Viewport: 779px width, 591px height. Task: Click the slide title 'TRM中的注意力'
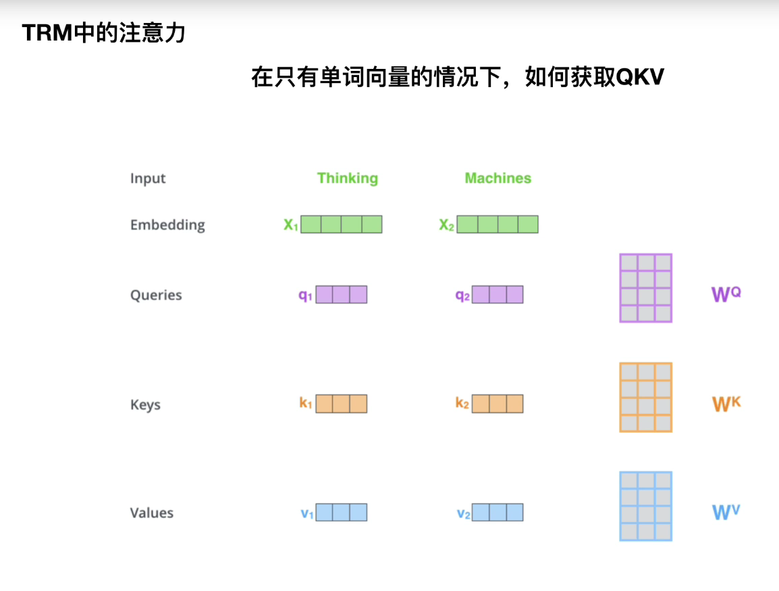point(103,33)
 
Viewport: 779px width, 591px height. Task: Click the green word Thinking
point(347,178)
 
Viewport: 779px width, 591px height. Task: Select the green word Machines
point(498,178)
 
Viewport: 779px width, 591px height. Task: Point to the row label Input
point(148,179)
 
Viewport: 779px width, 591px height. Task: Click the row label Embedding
point(167,225)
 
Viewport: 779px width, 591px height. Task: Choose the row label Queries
point(156,295)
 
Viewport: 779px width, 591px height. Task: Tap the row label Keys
point(145,405)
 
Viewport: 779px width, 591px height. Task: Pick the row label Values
point(152,513)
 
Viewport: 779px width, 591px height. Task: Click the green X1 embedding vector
point(341,224)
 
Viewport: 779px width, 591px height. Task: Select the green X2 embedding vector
point(498,224)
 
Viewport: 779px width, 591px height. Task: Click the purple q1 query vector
point(341,294)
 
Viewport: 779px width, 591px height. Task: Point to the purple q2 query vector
point(498,294)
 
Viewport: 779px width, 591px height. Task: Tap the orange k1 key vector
point(341,404)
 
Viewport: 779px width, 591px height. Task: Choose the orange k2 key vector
point(498,404)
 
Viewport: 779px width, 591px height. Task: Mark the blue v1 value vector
point(341,513)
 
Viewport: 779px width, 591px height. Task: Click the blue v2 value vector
point(498,513)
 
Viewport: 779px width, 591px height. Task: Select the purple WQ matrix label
point(726,294)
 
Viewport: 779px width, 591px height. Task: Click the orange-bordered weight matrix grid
point(645,397)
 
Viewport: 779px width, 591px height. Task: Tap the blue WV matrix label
point(726,512)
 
